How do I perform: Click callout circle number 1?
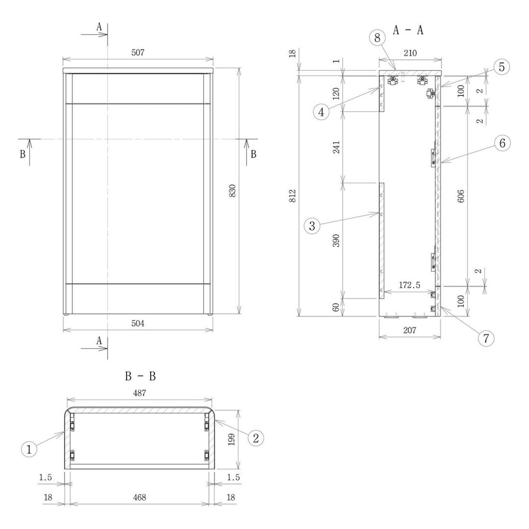[29, 449]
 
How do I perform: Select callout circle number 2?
[256, 438]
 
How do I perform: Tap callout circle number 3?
[312, 226]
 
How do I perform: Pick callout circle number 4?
[321, 112]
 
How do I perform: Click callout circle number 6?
[502, 143]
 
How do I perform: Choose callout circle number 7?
[486, 338]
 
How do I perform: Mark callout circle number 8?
[377, 38]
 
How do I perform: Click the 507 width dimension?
[138, 53]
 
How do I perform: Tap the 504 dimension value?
[138, 323]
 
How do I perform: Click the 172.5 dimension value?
[409, 285]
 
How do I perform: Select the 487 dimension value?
[140, 393]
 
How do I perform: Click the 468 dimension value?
[140, 497]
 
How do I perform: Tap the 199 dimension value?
[232, 439]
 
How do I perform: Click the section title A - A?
[408, 31]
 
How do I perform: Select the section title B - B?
[140, 377]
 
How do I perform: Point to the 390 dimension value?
[336, 240]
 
